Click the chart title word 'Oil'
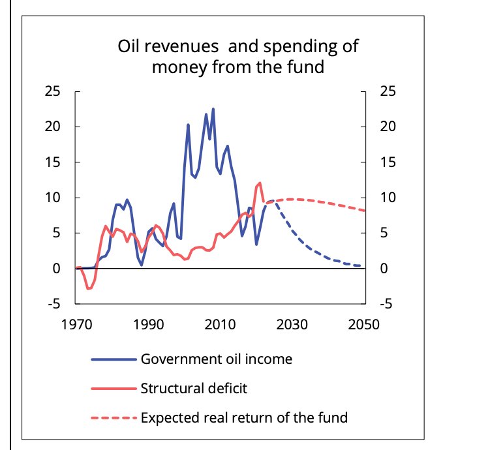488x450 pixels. pos(130,48)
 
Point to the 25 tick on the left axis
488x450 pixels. pos(53,91)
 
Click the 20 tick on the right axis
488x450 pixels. pos(388,127)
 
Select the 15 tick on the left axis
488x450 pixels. pos(53,162)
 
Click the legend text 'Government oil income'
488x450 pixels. pos(216,359)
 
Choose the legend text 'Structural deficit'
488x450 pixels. pos(194,389)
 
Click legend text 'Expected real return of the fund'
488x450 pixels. pos(244,417)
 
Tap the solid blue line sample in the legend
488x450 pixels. pos(114,359)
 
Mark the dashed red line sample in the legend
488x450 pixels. pos(114,417)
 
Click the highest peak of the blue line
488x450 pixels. pos(213,109)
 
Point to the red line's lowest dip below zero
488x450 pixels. pos(89,288)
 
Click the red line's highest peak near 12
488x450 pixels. pos(260,183)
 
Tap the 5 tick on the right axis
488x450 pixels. pos(384,233)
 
